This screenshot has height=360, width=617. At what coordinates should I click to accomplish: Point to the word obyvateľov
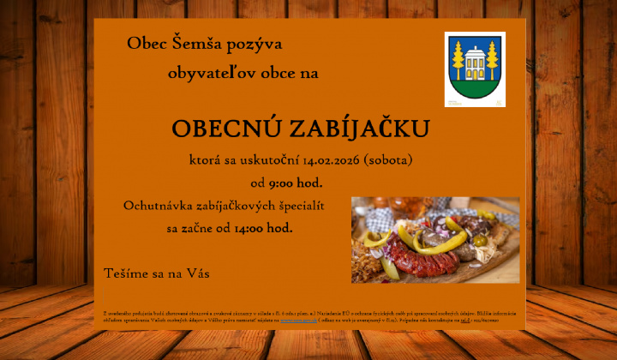tap(200, 74)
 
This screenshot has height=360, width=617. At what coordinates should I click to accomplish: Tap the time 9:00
tap(284, 183)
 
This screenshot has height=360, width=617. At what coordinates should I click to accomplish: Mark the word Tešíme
tap(126, 273)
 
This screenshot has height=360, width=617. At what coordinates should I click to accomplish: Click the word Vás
tap(195, 273)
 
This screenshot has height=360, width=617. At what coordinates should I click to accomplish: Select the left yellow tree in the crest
tap(457, 58)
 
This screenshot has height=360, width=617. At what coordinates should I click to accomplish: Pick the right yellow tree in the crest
tap(493, 58)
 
